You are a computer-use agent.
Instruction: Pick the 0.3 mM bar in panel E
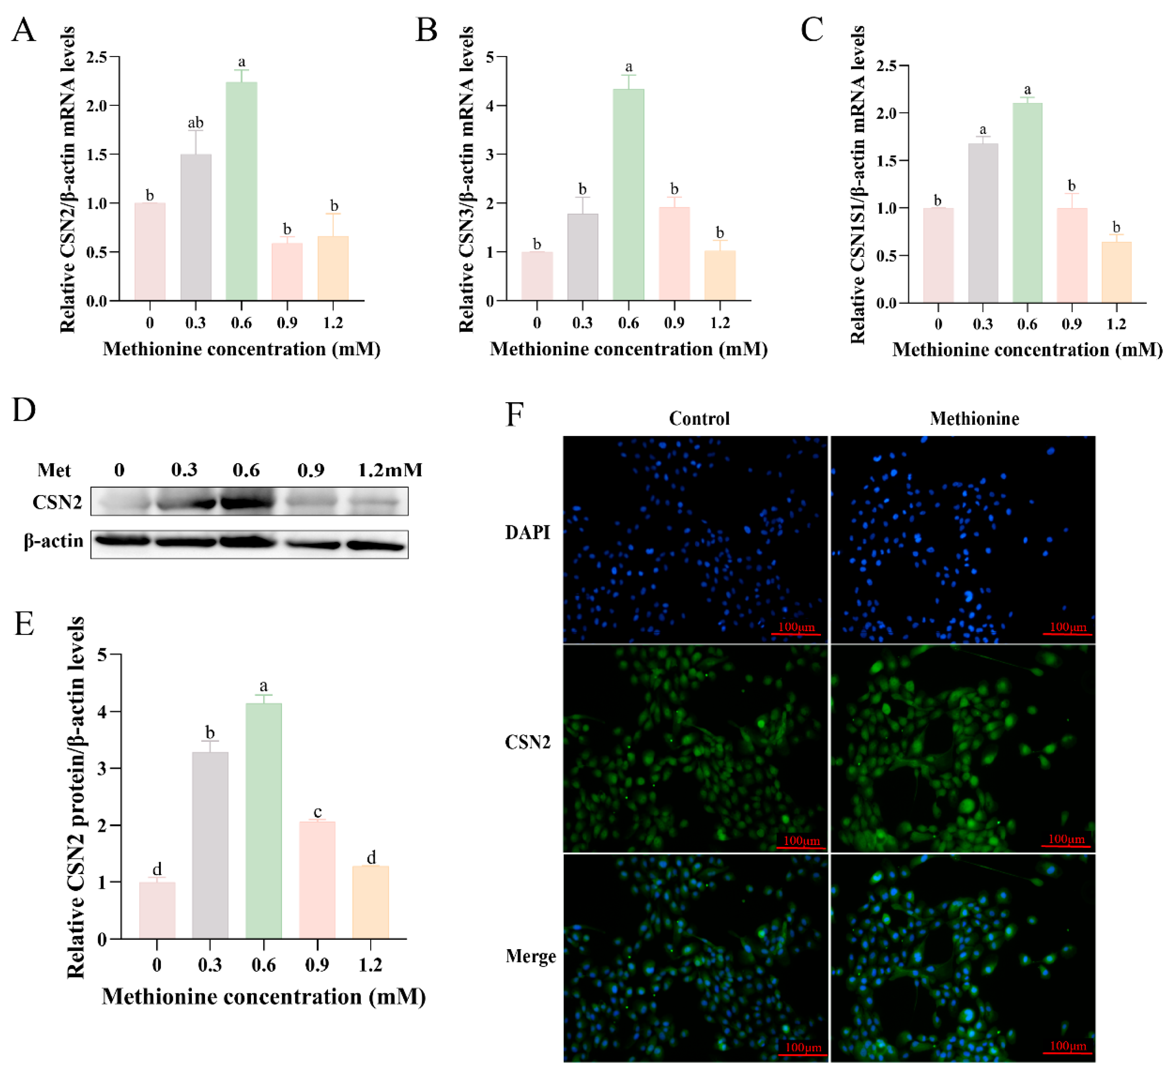210,845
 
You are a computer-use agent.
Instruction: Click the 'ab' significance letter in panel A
195,123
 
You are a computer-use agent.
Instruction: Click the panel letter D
24,410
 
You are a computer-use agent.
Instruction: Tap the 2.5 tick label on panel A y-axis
97,57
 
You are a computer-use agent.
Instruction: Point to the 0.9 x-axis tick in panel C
1072,324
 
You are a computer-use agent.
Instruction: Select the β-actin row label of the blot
54,541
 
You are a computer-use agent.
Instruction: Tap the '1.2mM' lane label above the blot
390,470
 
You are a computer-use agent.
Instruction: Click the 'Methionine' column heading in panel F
974,419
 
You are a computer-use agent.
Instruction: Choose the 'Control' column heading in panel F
699,419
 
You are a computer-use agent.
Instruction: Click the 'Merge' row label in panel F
530,956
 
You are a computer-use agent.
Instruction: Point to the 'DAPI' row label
527,533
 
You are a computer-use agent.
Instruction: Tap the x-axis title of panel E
264,997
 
